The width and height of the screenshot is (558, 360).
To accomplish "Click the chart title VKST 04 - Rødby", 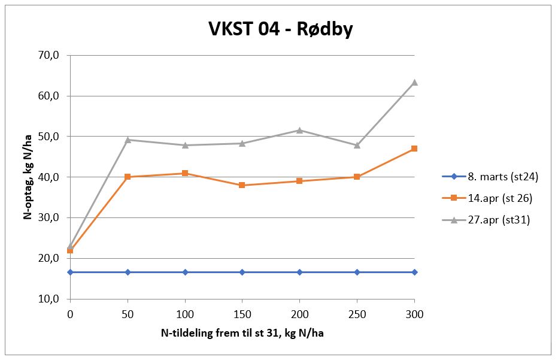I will [280, 29].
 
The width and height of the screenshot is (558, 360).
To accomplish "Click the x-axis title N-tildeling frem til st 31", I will [242, 332].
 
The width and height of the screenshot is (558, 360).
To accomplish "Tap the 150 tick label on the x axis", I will [242, 313].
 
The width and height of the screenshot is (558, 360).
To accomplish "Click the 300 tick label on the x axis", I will [414, 313].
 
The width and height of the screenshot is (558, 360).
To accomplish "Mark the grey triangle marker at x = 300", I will [414, 82].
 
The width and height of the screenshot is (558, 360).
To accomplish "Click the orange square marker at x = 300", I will [414, 149].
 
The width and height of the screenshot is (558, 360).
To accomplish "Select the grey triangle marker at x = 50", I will [128, 140].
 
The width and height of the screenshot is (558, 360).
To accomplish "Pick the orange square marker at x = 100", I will [185, 173].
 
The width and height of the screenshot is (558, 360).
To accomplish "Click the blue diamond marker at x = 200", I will [299, 272].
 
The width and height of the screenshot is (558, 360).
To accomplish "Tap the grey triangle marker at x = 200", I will [299, 130].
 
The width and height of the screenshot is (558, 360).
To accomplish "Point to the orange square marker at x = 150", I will [242, 185].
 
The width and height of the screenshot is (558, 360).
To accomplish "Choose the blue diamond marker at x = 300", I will [414, 272].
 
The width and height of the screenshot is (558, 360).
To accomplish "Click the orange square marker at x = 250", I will [357, 177].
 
